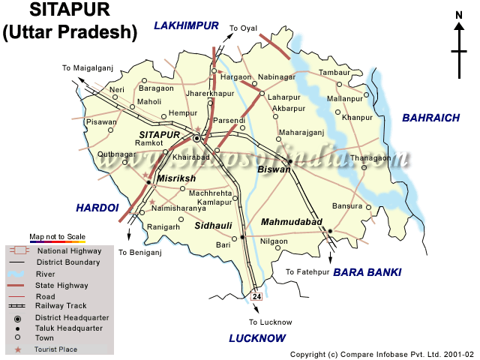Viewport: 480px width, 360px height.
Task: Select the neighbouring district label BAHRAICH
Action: (430, 118)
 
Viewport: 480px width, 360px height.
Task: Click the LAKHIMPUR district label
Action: (186, 26)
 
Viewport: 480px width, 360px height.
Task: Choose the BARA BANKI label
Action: (367, 271)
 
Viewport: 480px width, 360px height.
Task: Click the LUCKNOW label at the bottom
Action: (258, 338)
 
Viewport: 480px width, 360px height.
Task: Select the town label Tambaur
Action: (334, 72)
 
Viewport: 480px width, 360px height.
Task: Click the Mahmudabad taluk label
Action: (292, 223)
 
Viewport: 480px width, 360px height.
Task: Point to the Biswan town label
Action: (274, 169)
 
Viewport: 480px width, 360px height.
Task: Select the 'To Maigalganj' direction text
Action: (87, 68)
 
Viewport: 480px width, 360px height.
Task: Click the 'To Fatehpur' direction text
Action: (304, 271)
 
